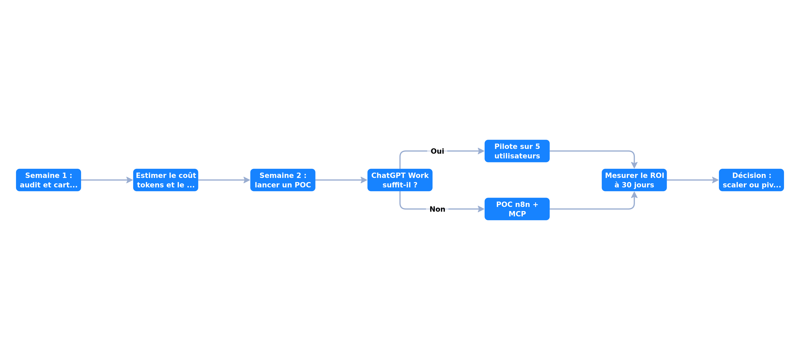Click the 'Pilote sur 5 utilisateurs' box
tap(517, 151)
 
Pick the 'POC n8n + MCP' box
tap(517, 209)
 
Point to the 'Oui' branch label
tap(437, 151)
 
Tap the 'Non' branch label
tap(437, 209)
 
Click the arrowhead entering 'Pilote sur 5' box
tap(481, 151)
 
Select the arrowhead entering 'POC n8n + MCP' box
tap(481, 209)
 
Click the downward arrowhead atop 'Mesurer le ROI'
tap(634, 165)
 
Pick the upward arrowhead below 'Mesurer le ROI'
tap(634, 195)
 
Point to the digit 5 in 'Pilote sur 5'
tap(538, 146)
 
